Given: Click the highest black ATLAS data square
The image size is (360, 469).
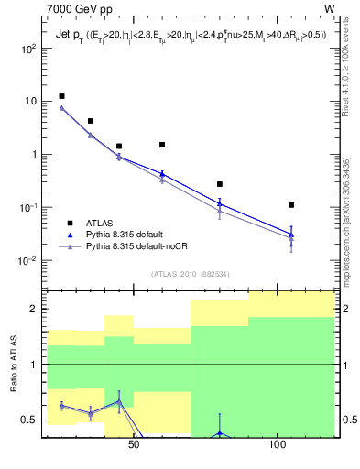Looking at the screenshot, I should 61,96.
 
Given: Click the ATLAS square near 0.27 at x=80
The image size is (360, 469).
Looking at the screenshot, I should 219,184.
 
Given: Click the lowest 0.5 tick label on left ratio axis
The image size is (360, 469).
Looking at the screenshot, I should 29,420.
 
